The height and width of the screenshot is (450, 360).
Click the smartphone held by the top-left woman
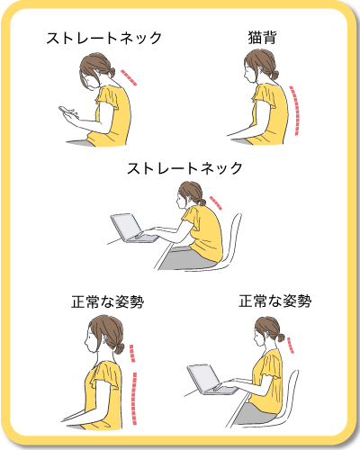(x=67, y=112)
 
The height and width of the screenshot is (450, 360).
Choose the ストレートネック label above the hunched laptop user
(x=185, y=168)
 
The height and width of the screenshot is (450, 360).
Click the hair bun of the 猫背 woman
(x=271, y=75)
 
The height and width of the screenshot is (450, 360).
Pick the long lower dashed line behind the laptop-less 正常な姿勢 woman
(x=136, y=396)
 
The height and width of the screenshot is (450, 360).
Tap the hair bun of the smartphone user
(x=109, y=71)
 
